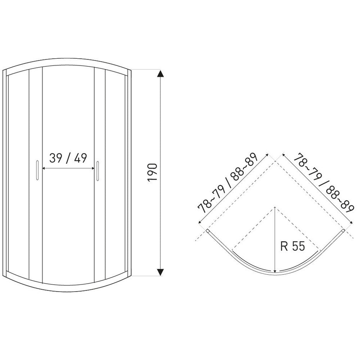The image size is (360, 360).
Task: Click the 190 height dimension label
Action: [x=152, y=173]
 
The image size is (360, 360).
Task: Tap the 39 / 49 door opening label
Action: [x=68, y=158]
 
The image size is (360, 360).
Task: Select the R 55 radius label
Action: [x=292, y=246]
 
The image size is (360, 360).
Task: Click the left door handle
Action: [x=37, y=170]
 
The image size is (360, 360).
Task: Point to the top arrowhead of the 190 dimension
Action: [x=161, y=74]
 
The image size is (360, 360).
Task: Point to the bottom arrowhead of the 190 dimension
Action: [x=161, y=272]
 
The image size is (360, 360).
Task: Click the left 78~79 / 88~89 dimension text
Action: [x=228, y=183]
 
